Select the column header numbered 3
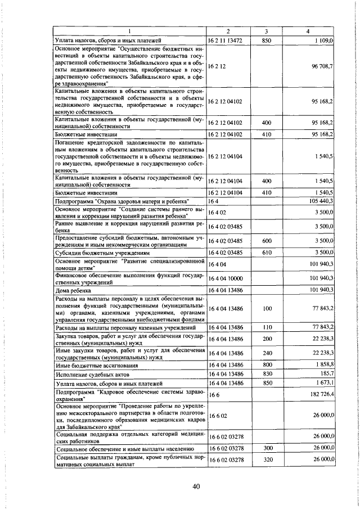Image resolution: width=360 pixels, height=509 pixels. pos(267,31)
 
